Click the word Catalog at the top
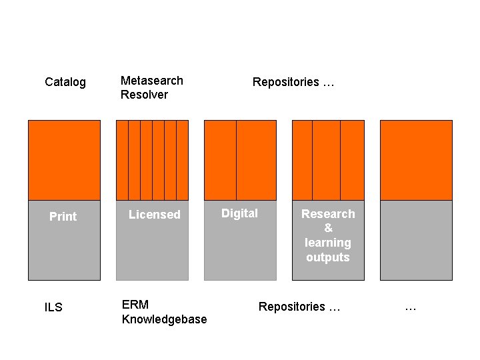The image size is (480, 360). (65, 82)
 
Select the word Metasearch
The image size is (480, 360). (151, 81)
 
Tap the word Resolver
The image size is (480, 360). (144, 95)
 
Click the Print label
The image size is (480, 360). (63, 217)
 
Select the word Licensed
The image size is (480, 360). (154, 215)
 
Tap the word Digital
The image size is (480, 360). (239, 213)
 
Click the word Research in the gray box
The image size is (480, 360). (328, 214)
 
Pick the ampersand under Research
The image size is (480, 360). (328, 228)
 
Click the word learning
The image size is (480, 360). (328, 243)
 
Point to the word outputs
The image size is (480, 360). (328, 257)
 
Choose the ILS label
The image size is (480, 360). (53, 307)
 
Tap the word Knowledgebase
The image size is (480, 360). (164, 319)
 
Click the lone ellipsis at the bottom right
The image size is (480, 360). (411, 307)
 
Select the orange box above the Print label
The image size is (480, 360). (64, 160)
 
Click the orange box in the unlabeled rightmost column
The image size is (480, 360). (416, 160)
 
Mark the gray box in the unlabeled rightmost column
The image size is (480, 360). (416, 240)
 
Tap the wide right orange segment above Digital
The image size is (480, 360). (256, 160)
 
